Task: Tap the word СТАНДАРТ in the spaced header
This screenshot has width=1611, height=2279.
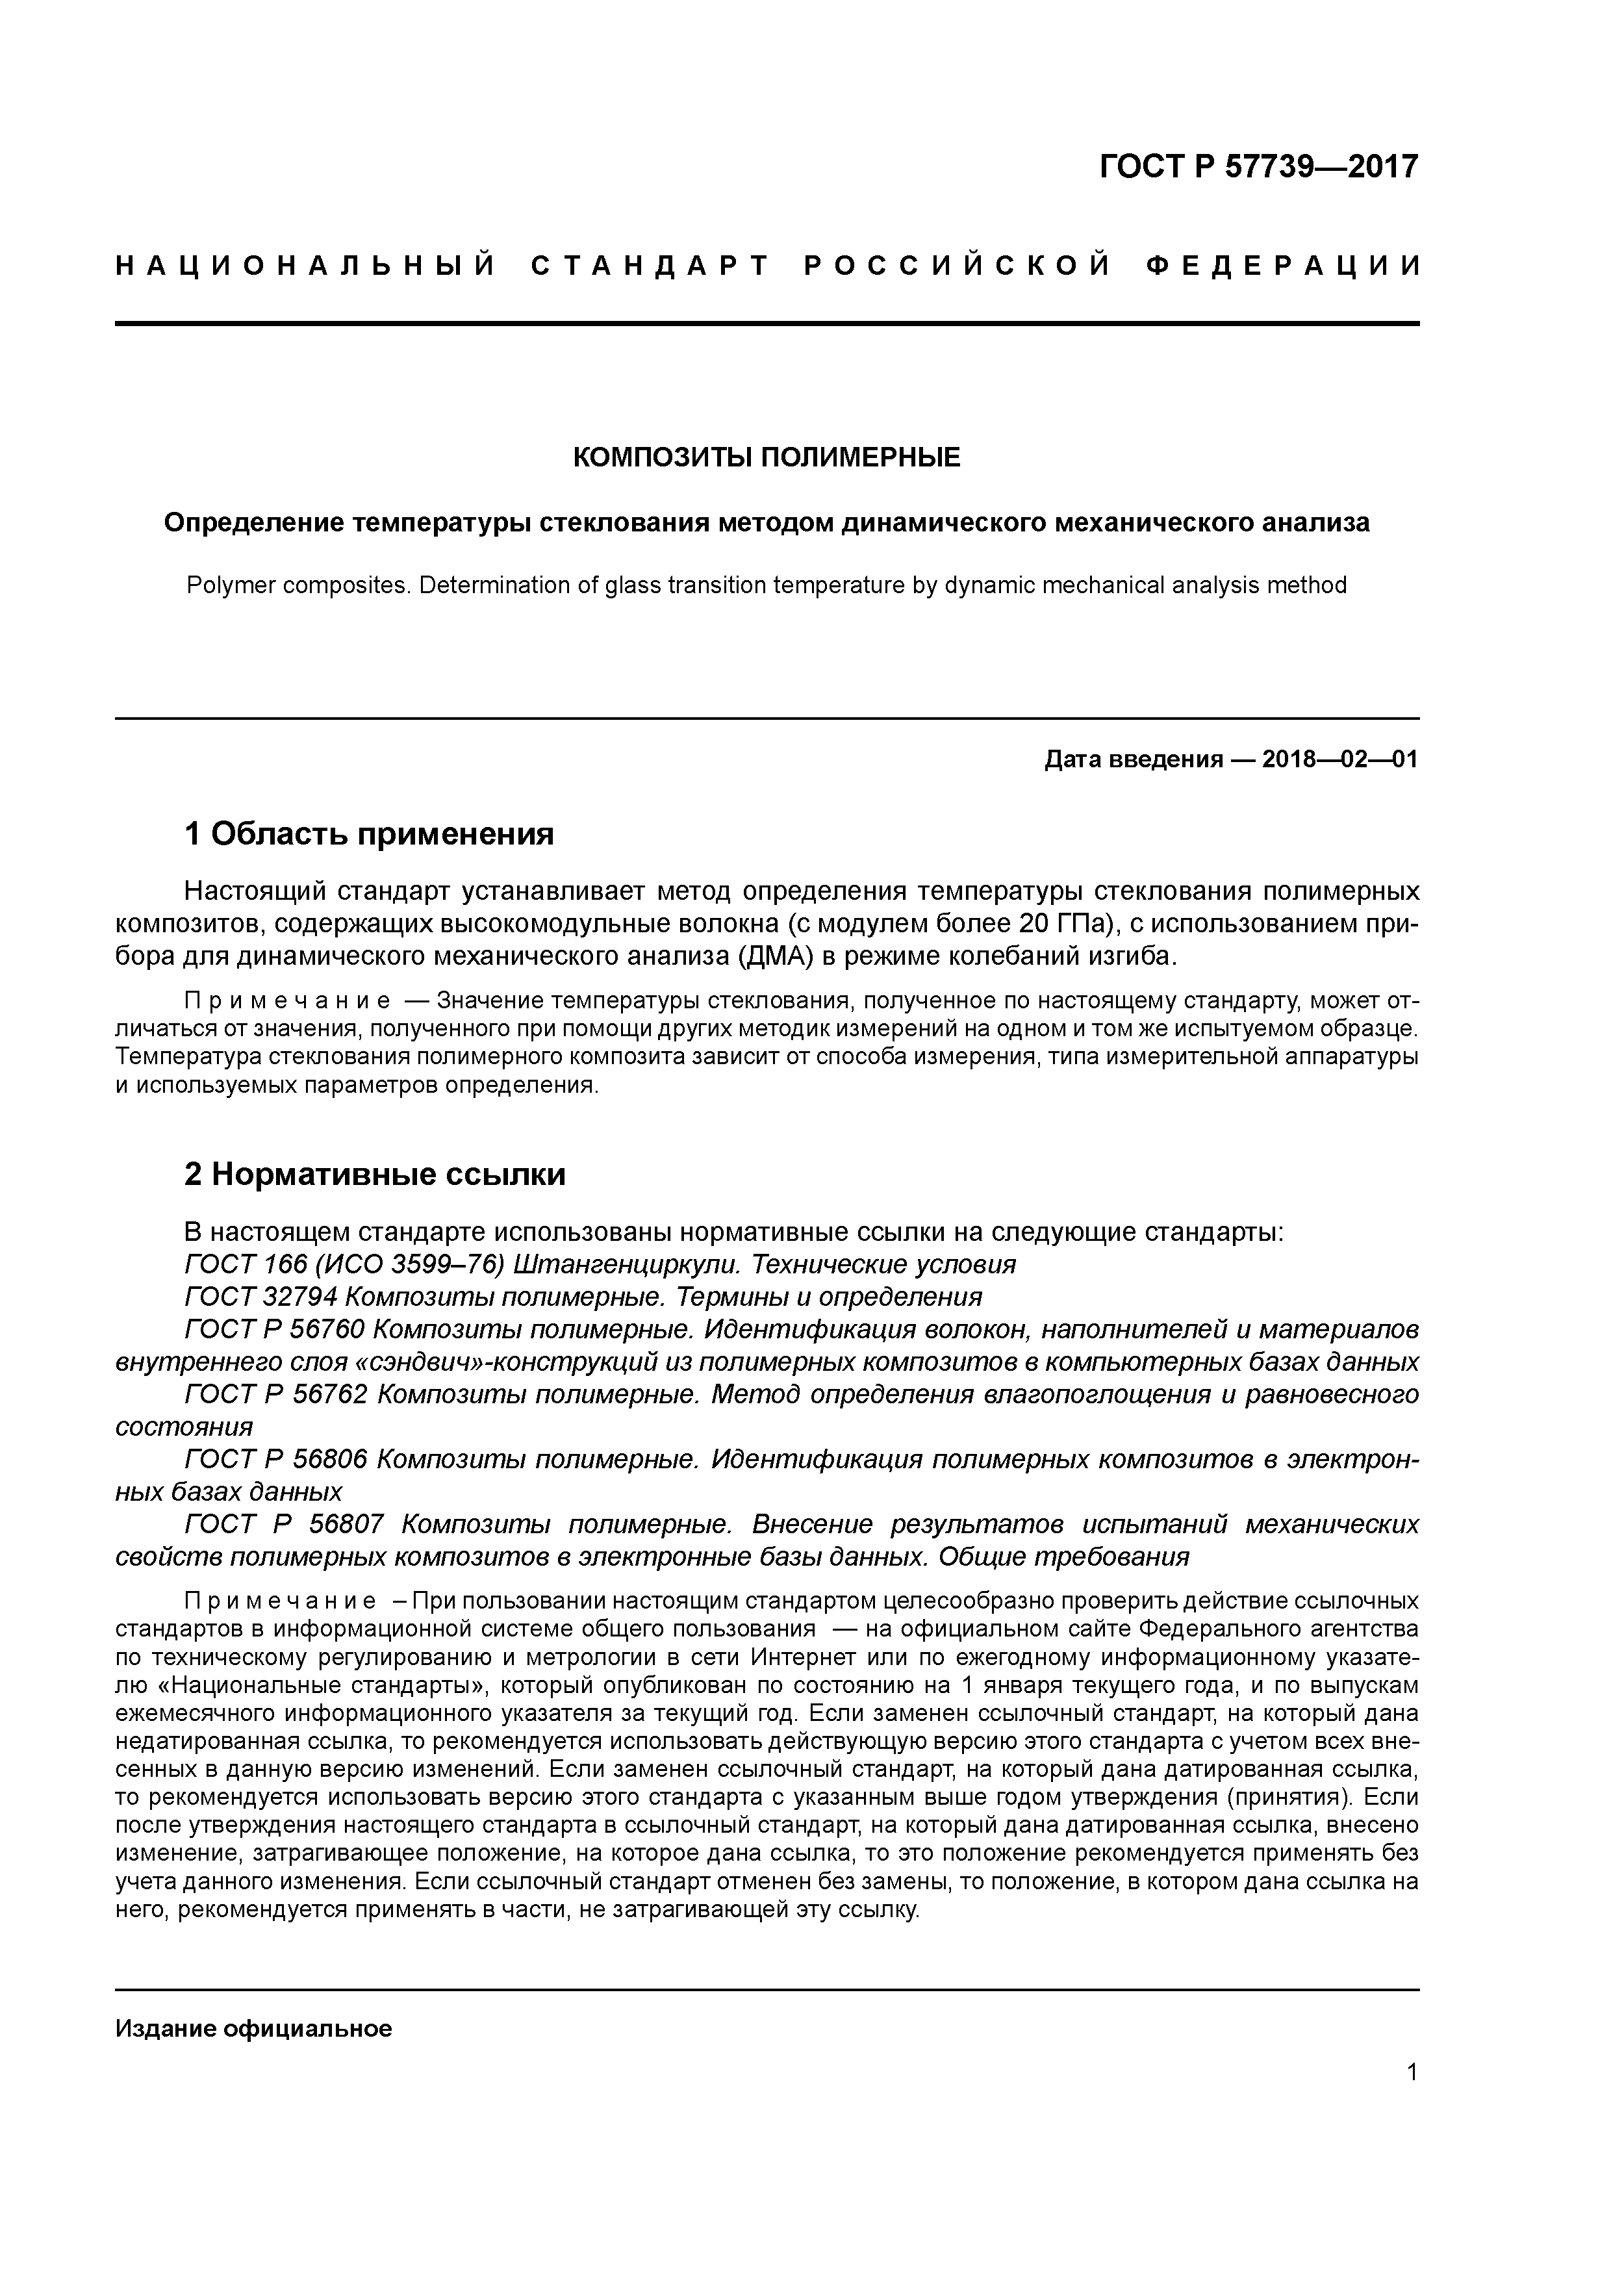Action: click(650, 266)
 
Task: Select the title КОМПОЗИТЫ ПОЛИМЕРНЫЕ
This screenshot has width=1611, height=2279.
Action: click(767, 457)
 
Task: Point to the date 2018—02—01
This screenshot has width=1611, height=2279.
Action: click(1340, 760)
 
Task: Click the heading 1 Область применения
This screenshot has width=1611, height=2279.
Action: click(369, 834)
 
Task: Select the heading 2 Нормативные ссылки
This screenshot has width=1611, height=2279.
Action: click(375, 1174)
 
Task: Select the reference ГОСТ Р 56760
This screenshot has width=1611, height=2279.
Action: click(275, 1330)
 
